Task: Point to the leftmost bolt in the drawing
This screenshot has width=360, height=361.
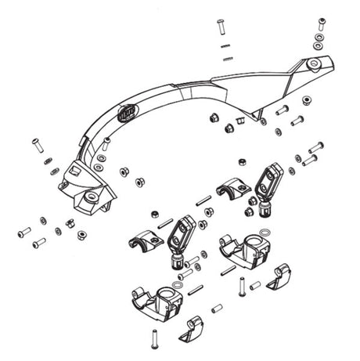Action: pyautogui.click(x=23, y=233)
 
